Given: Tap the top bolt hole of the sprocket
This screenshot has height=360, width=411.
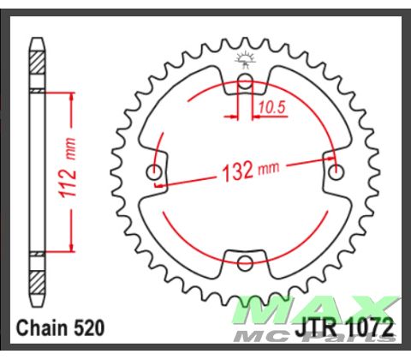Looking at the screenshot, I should pyautogui.click(x=244, y=83).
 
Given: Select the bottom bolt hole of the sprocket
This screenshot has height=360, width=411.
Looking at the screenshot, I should pyautogui.click(x=244, y=261).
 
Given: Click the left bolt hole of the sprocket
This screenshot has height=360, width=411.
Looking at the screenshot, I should pyautogui.click(x=155, y=172).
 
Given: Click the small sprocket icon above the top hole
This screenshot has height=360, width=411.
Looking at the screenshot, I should pyautogui.click(x=244, y=59).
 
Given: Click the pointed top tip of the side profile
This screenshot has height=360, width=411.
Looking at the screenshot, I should pyautogui.click(x=37, y=38).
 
